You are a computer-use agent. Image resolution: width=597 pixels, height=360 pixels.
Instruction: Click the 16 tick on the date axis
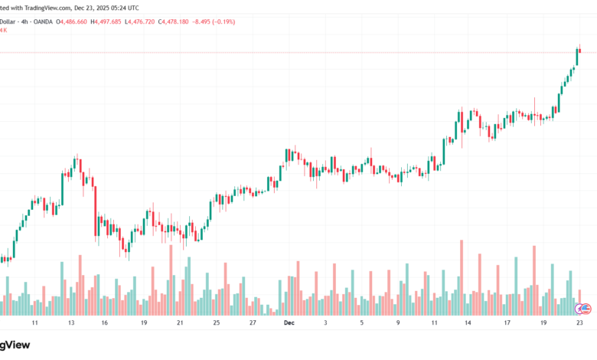(104, 324)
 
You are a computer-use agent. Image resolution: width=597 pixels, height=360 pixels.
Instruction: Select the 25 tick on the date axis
(217, 324)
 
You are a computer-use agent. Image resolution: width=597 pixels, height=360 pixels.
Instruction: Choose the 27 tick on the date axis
(253, 324)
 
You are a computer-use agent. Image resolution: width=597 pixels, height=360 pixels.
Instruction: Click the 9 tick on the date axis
(398, 324)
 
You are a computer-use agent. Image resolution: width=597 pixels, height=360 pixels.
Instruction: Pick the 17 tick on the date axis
(507, 324)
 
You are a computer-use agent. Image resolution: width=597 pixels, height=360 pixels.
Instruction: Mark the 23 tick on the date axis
(579, 324)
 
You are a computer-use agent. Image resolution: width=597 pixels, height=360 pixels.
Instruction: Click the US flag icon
(586, 309)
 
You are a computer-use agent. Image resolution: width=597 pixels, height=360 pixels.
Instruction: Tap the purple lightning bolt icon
(578, 308)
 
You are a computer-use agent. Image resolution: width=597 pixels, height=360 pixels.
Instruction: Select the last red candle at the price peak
(580, 51)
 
